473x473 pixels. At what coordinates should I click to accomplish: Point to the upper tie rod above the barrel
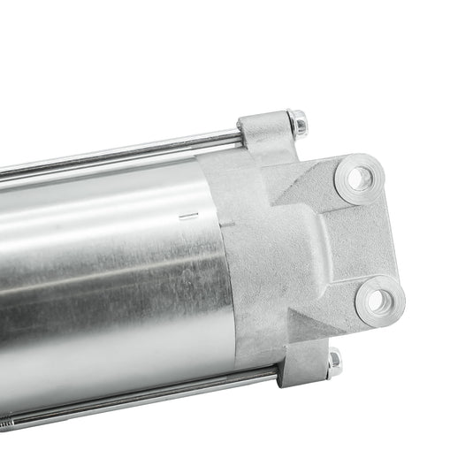coord(133,153)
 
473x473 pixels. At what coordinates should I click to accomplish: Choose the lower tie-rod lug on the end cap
coord(301,364)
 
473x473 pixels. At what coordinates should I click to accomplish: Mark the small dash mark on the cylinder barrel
coord(185,214)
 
